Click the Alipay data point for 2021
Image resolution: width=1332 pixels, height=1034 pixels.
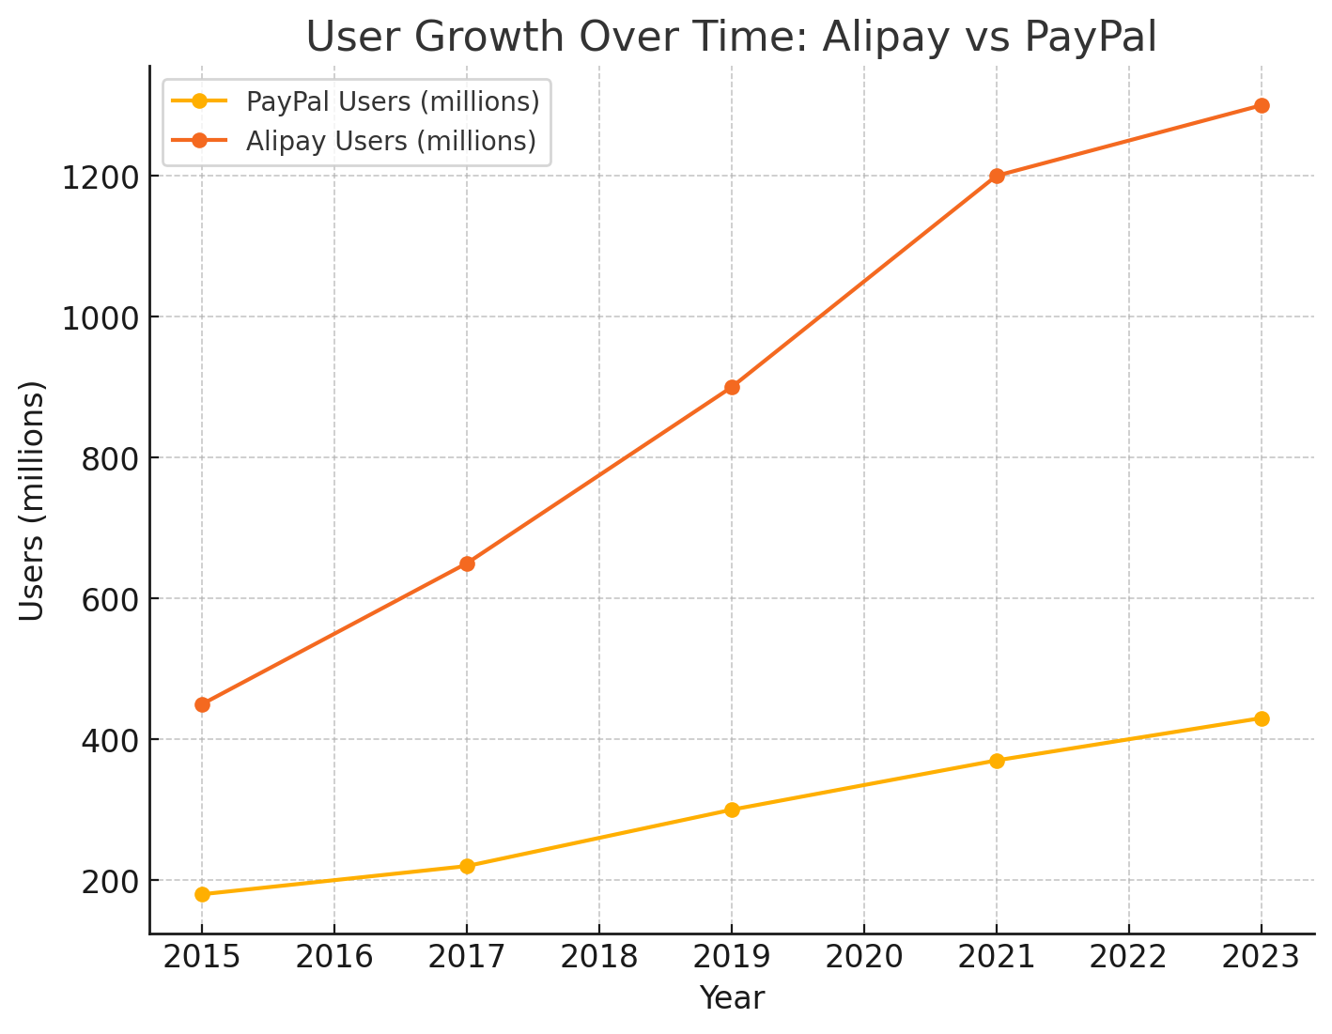click(x=997, y=176)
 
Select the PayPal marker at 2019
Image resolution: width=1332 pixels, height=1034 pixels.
click(x=732, y=810)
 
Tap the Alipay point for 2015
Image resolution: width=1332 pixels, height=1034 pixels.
click(x=202, y=704)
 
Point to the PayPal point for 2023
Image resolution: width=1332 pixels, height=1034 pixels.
click(x=1262, y=718)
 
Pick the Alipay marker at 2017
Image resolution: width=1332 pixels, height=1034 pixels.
click(x=467, y=563)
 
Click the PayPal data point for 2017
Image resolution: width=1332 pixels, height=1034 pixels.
click(x=467, y=866)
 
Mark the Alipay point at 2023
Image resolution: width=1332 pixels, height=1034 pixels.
click(x=1262, y=105)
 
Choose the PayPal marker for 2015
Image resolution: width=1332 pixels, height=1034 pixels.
click(x=202, y=894)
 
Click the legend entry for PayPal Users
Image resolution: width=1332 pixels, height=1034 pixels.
click(x=392, y=100)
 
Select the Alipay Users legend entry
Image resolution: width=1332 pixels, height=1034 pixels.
click(x=391, y=141)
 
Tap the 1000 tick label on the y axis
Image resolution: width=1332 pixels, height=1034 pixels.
click(x=100, y=317)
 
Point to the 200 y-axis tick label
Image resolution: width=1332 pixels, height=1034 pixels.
click(x=109, y=881)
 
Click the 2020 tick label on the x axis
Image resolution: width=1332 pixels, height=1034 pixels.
click(x=863, y=957)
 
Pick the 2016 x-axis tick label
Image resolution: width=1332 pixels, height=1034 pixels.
click(x=334, y=957)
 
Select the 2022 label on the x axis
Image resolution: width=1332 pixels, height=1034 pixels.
click(x=1128, y=957)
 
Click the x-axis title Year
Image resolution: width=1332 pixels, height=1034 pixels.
click(x=732, y=998)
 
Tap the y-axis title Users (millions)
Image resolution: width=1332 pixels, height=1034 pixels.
click(x=33, y=501)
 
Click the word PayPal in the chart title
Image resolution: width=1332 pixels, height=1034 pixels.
click(x=1090, y=38)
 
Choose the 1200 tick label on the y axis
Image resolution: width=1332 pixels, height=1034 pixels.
click(x=100, y=177)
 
